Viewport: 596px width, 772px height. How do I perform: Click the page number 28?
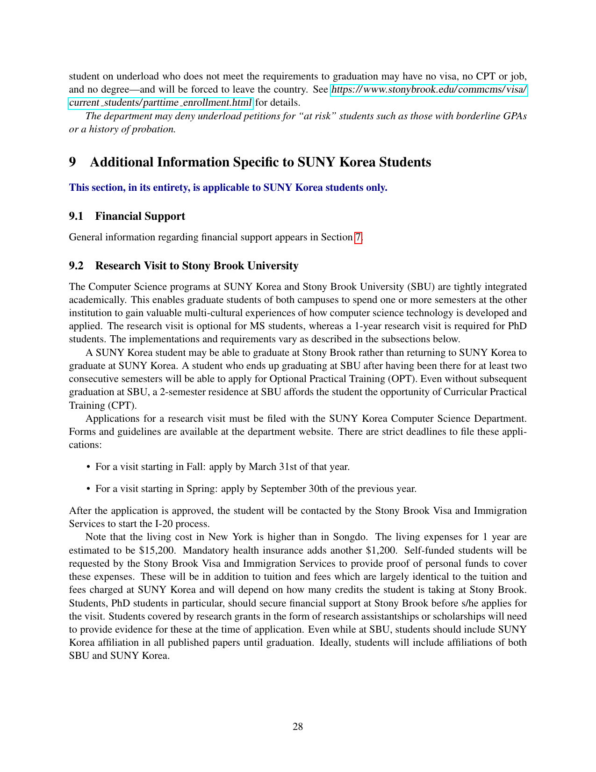[298, 726]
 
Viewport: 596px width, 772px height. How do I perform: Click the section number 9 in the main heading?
[72, 162]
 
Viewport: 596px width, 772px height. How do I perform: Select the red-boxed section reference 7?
[358, 237]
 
